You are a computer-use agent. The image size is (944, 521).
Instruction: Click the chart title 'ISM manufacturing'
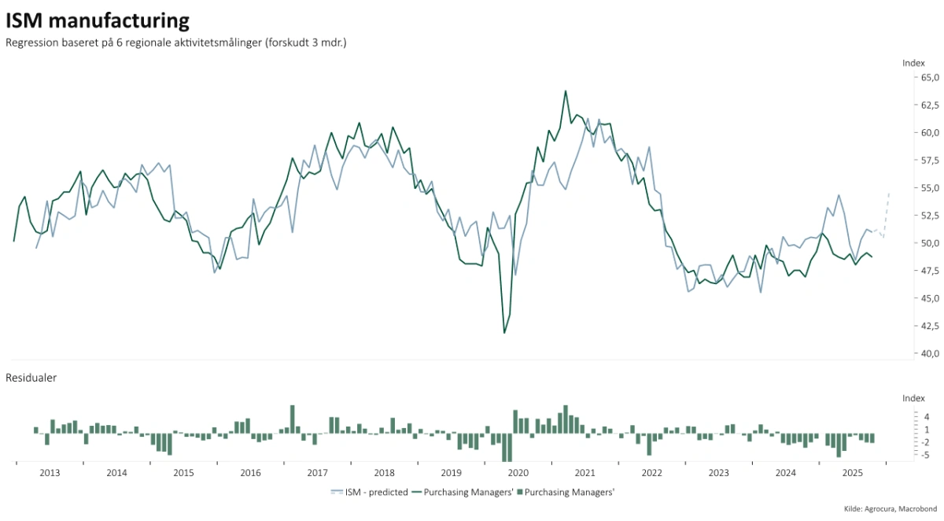(98, 20)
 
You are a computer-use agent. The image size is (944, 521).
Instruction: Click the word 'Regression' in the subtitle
(31, 43)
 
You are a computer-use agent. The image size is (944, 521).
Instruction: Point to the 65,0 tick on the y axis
(930, 78)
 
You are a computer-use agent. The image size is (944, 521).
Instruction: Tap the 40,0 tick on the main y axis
(930, 353)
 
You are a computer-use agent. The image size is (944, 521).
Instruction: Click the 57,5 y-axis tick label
(930, 161)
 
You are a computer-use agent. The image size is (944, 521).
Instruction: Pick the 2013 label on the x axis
(50, 473)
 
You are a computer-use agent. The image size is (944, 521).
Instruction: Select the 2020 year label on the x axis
(518, 473)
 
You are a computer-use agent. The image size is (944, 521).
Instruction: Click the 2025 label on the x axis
(853, 473)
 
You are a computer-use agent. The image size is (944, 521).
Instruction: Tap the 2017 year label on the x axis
(317, 473)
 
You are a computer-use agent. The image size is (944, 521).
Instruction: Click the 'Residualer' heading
(31, 378)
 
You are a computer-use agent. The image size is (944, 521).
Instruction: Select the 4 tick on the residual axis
(927, 417)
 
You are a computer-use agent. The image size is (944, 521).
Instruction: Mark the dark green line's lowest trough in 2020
(504, 333)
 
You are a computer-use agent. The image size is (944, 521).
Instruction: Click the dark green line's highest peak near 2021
(565, 91)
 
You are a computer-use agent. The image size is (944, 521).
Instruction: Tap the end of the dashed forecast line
(889, 192)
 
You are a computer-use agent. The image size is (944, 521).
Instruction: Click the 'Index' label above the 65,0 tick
(913, 62)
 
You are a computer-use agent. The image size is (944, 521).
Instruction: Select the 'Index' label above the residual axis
(913, 399)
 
